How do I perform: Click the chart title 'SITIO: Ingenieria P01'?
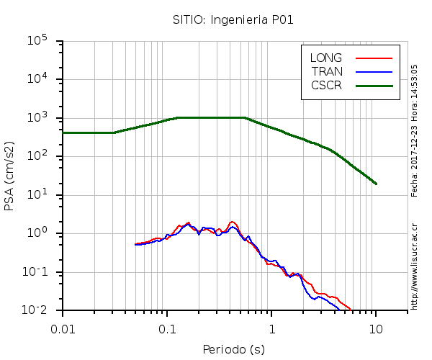[x=233, y=19]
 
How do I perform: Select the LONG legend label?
[x=326, y=58]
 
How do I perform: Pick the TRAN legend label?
[x=327, y=71]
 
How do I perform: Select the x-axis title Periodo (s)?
[x=233, y=350]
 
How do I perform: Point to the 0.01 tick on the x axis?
[x=63, y=328]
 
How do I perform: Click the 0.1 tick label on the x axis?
[x=167, y=328]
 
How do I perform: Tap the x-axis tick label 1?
[x=271, y=328]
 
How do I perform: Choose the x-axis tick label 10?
[x=376, y=328]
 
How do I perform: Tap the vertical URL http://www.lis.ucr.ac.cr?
[x=415, y=266]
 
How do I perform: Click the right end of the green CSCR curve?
[x=376, y=184]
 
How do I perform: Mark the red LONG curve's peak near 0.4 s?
[x=232, y=222]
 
